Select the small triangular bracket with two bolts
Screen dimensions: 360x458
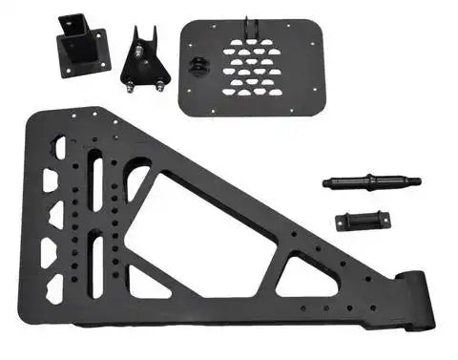click(144, 59)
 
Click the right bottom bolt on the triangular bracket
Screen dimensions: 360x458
click(159, 86)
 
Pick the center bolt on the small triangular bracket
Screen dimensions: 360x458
click(143, 53)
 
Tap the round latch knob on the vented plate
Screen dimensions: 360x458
click(198, 66)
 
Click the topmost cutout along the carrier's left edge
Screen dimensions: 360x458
click(59, 148)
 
